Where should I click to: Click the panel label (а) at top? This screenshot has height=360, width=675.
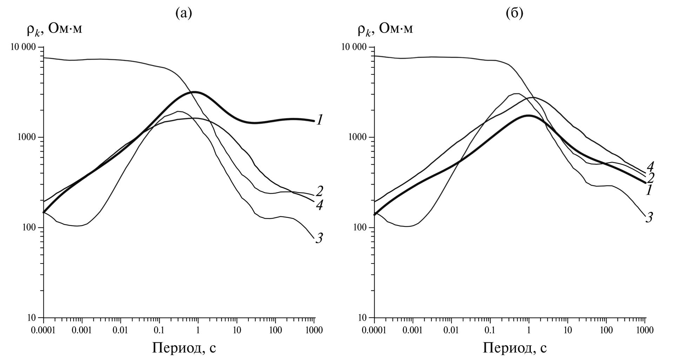pyautogui.click(x=184, y=13)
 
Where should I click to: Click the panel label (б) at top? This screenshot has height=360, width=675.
pyautogui.click(x=515, y=13)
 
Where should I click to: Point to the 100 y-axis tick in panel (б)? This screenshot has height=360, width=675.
pyautogui.click(x=362, y=228)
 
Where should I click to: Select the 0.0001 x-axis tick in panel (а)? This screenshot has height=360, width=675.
pyautogui.click(x=43, y=331)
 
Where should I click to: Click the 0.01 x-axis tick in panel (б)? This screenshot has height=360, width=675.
pyautogui.click(x=451, y=331)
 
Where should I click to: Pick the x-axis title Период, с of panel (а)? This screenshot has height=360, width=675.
pyautogui.click(x=184, y=348)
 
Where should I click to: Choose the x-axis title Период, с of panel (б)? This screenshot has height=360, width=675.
pyautogui.click(x=515, y=348)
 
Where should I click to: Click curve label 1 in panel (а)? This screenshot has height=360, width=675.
pyautogui.click(x=320, y=120)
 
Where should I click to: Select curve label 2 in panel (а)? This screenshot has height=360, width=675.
pyautogui.click(x=319, y=191)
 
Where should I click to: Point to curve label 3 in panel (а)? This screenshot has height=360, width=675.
pyautogui.click(x=319, y=239)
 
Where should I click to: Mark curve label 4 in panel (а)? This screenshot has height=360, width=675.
pyautogui.click(x=319, y=205)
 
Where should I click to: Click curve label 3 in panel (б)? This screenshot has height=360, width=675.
pyautogui.click(x=649, y=218)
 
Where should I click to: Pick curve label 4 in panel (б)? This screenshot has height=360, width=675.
pyautogui.click(x=650, y=166)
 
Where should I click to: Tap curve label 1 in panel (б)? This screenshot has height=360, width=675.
pyautogui.click(x=649, y=191)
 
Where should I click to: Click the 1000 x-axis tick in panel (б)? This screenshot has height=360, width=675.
pyautogui.click(x=645, y=331)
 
